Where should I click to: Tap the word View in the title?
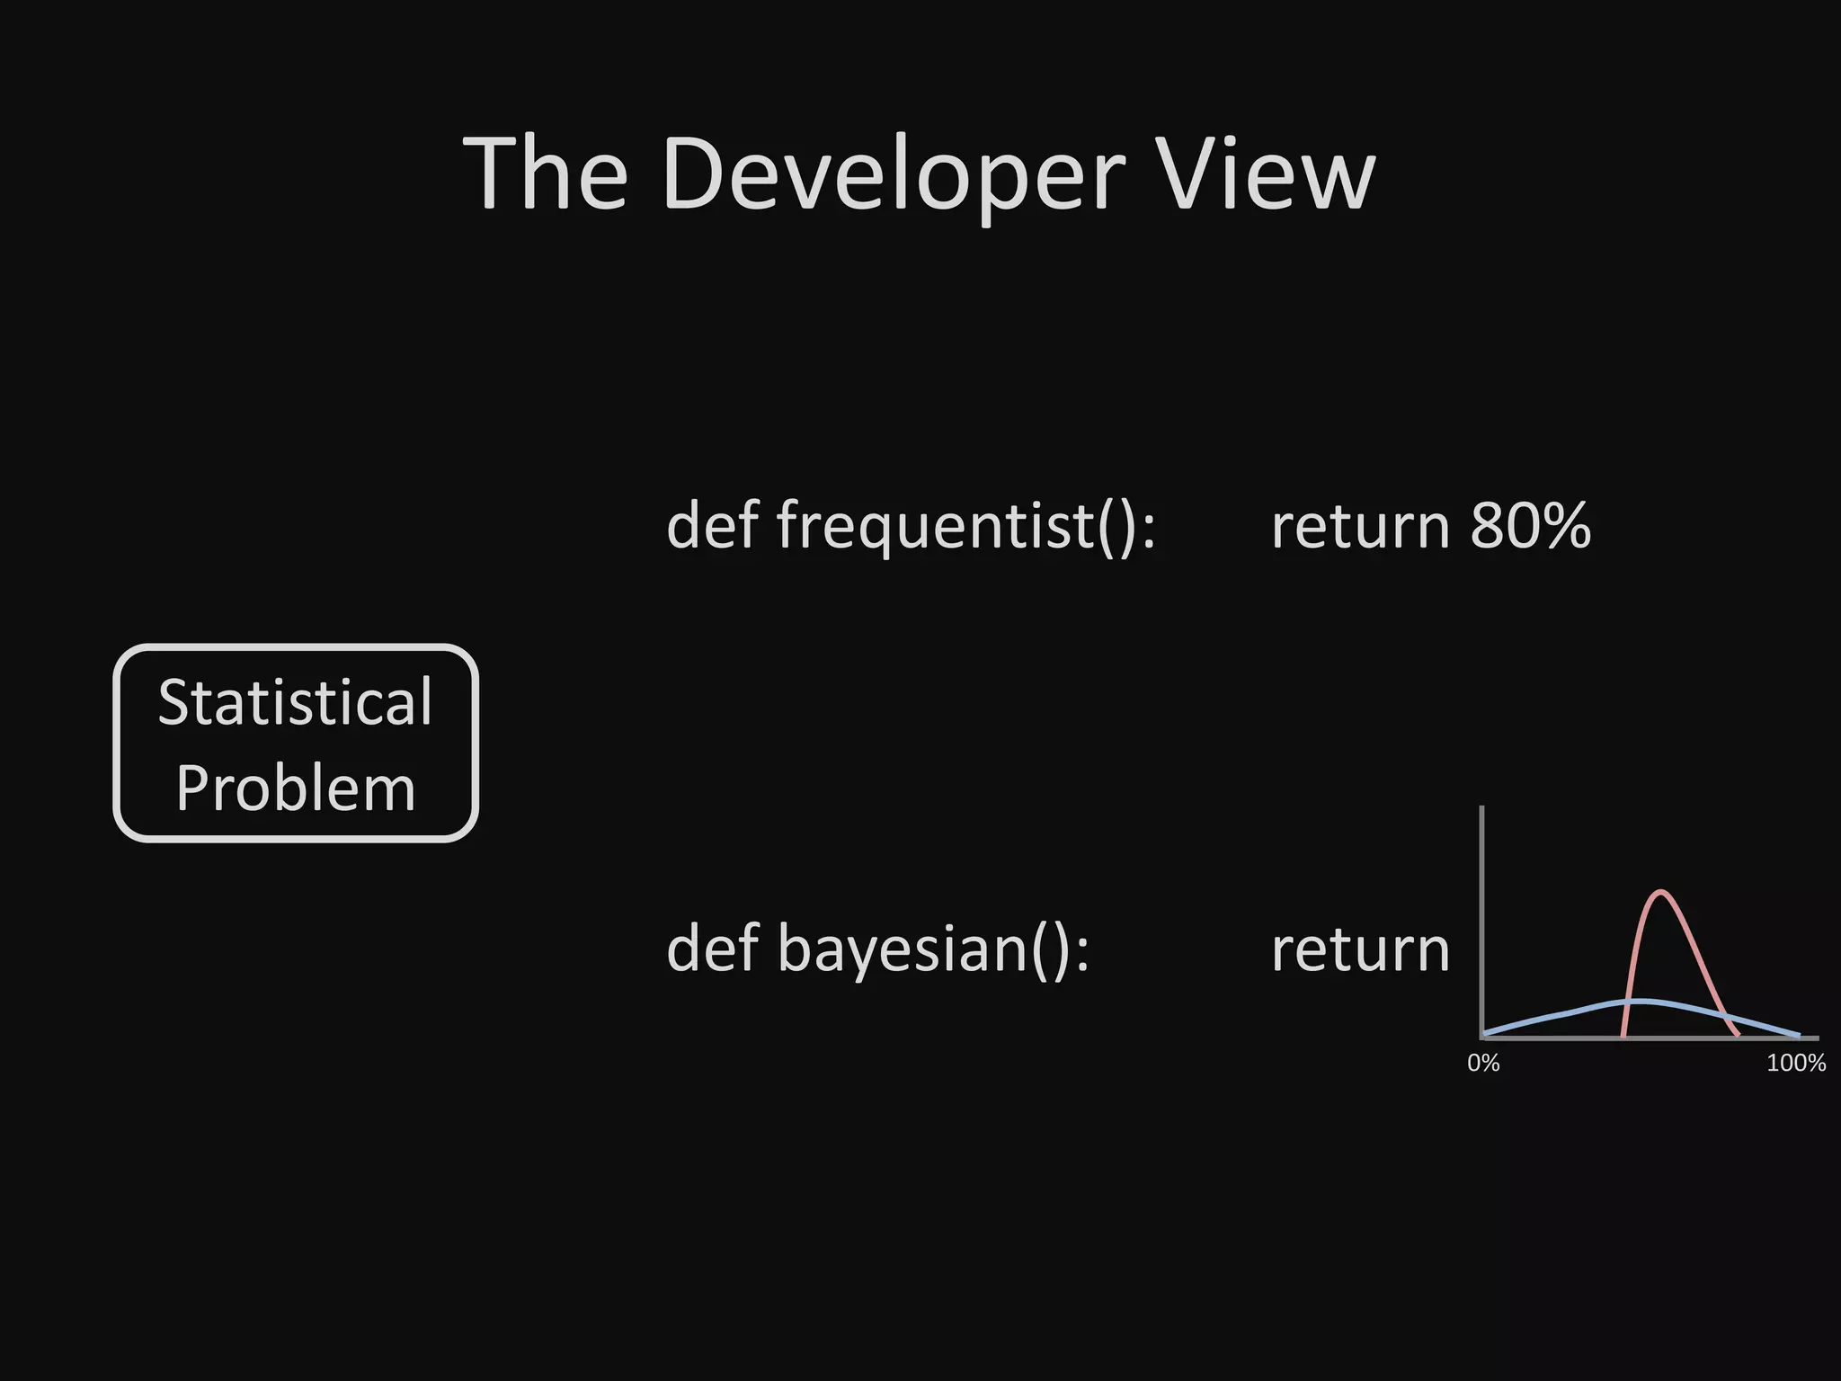[1267, 174]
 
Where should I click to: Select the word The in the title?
[545, 174]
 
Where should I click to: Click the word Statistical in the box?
[296, 702]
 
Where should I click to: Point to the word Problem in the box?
[296, 788]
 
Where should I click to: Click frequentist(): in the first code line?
[966, 526]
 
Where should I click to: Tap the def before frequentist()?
[712, 526]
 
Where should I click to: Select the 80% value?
[1530, 526]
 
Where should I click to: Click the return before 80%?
[1360, 526]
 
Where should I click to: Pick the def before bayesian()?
[712, 949]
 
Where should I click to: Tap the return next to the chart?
[1360, 949]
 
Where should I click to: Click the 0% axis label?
[1483, 1064]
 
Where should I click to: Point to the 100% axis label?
[1795, 1064]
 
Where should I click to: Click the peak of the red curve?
[1661, 892]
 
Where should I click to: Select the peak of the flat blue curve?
[1641, 1001]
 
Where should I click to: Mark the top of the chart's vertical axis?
[1481, 808]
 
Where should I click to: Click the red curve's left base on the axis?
[1623, 1036]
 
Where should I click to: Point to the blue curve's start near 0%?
[1485, 1033]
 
